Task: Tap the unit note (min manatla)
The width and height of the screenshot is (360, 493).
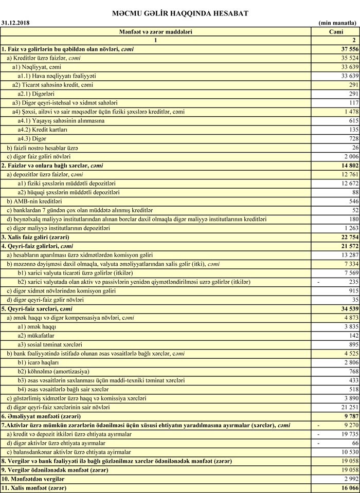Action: pyautogui.click(x=337, y=23)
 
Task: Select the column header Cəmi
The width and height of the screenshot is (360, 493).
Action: pyautogui.click(x=335, y=31)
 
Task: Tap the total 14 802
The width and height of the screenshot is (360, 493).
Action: pyautogui.click(x=346, y=166)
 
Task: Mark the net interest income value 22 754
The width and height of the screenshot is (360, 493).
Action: pyautogui.click(x=346, y=237)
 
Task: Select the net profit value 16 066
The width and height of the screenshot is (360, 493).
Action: pyautogui.click(x=346, y=487)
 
